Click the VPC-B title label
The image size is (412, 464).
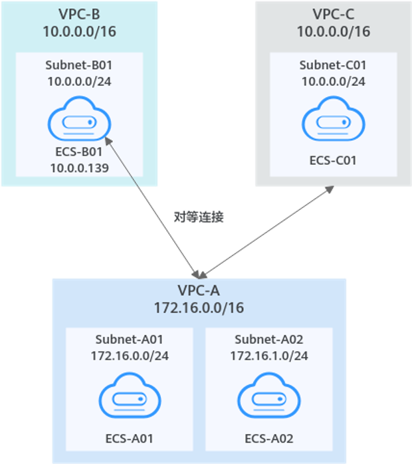[x=79, y=13]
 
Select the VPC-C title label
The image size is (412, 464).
[x=333, y=13]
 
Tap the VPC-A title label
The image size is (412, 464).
[x=199, y=290]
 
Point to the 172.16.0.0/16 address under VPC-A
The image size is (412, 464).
[x=199, y=308]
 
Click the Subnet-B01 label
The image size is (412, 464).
[x=79, y=65]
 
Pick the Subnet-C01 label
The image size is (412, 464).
[x=333, y=65]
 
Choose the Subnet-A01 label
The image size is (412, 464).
[x=130, y=340]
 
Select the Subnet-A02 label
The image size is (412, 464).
[x=269, y=340]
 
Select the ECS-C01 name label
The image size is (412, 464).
[x=333, y=160]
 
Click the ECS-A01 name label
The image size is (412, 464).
[x=130, y=439]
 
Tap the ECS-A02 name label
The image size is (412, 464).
[x=269, y=439]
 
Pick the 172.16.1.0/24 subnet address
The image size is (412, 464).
[x=269, y=356]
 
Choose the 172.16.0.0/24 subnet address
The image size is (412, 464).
[x=130, y=356]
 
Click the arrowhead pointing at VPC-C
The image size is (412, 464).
[x=330, y=191]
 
